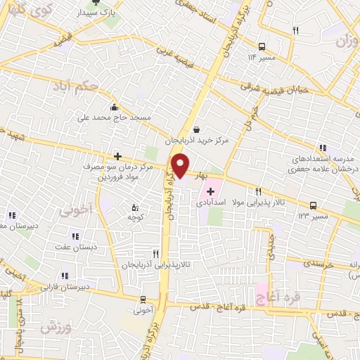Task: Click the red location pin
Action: coord(181,166)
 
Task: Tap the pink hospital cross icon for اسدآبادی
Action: coord(210,191)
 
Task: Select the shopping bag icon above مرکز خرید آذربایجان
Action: coord(195,129)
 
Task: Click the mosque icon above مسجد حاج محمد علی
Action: coord(114,108)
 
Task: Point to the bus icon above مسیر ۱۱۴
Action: coord(262,45)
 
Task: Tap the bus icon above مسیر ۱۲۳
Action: coord(313,207)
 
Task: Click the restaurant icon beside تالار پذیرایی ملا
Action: coord(258,191)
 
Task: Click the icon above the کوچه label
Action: coord(136,207)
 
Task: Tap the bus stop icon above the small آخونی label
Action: coord(143,299)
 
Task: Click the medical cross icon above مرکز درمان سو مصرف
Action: coord(117,157)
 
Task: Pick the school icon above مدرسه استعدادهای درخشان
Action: coord(323,148)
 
